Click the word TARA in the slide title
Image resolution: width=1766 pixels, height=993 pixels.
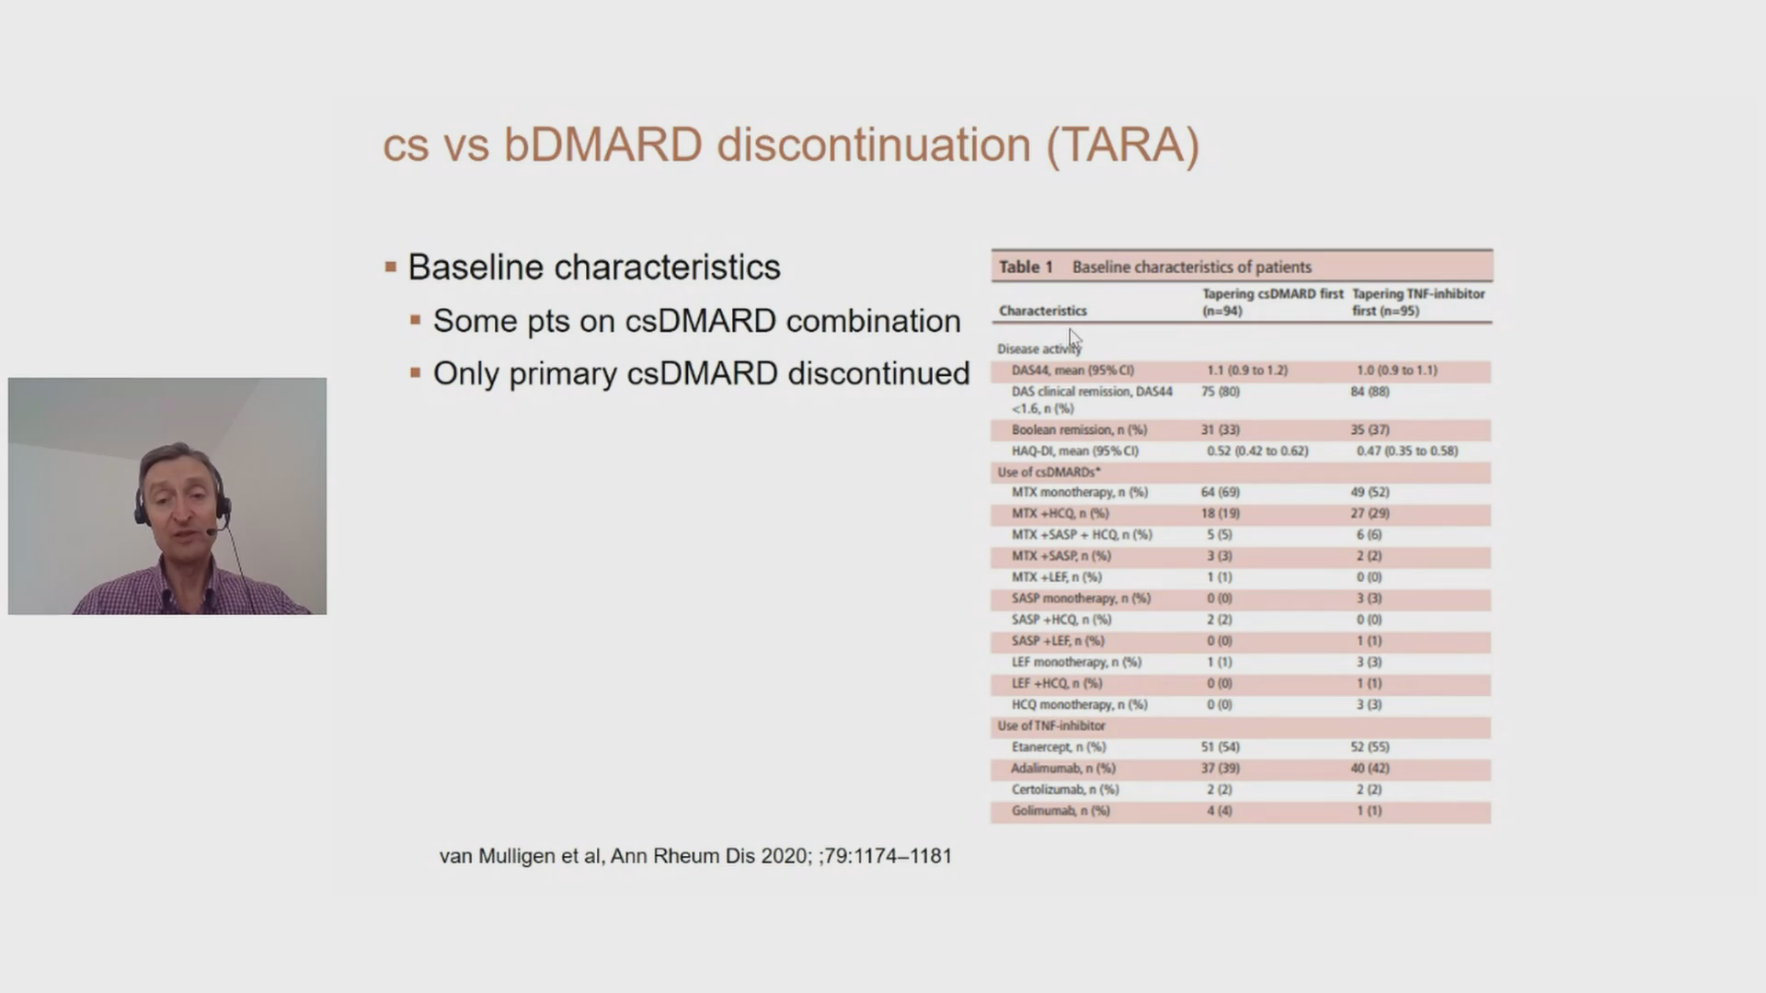click(1122, 145)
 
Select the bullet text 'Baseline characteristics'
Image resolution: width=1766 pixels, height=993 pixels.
click(594, 268)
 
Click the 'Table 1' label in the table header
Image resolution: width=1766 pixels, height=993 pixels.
click(1026, 267)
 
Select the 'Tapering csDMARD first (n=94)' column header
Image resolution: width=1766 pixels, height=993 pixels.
click(1272, 302)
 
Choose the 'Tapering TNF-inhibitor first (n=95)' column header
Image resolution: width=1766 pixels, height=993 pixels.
click(1418, 302)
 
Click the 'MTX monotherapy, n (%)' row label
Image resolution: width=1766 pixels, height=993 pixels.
click(1079, 493)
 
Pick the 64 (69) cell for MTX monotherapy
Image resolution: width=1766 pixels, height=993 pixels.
click(1220, 493)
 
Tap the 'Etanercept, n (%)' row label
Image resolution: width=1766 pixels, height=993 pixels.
click(1058, 748)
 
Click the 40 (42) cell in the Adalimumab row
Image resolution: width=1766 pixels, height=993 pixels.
click(1370, 769)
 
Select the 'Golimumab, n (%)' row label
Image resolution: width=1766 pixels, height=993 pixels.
click(1061, 811)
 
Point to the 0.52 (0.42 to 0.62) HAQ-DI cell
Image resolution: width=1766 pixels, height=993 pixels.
click(1257, 451)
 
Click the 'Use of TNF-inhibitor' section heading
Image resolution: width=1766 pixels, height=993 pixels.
click(1051, 726)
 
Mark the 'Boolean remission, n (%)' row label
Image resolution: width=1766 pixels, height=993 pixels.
click(1079, 430)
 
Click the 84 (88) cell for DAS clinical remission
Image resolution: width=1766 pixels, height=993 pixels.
click(1370, 392)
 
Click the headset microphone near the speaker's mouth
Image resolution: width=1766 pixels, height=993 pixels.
click(211, 531)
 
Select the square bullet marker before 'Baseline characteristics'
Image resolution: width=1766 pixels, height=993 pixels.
click(391, 268)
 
